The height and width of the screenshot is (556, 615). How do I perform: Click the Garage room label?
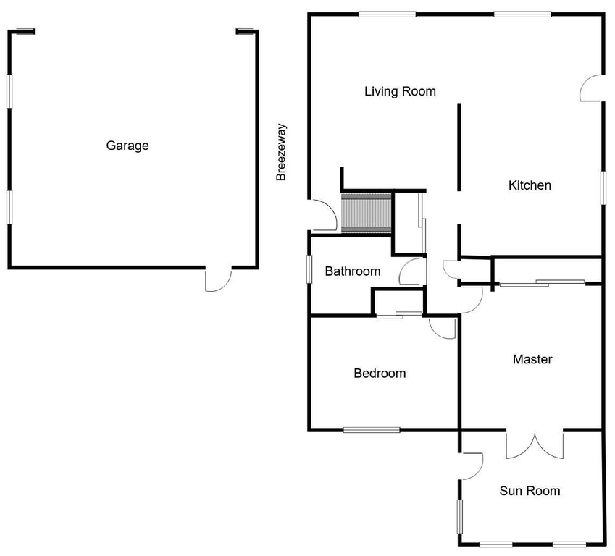(127, 146)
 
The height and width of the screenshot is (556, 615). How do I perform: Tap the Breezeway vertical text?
(282, 152)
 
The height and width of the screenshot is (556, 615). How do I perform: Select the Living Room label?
(400, 91)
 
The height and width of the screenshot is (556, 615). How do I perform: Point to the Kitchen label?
(530, 185)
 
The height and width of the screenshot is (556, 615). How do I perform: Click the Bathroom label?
(352, 271)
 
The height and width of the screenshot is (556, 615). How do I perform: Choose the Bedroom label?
(380, 374)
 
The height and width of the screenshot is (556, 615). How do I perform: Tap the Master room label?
(532, 359)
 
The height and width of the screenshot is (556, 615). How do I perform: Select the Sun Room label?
(530, 491)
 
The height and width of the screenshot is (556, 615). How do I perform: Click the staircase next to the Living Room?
(366, 213)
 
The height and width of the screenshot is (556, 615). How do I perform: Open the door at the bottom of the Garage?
(218, 279)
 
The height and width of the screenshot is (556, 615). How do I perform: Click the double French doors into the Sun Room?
(535, 443)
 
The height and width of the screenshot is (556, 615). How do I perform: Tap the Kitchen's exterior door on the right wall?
(591, 88)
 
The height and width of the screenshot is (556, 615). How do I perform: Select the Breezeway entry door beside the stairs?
(322, 216)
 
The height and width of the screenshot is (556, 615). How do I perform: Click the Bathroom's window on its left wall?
(309, 269)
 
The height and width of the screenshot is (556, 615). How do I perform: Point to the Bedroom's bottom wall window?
(372, 430)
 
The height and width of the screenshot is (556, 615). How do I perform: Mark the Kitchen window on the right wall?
(602, 187)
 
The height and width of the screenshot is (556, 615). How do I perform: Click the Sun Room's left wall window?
(459, 517)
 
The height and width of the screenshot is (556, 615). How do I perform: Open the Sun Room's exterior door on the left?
(472, 465)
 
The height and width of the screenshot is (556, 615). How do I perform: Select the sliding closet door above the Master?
(542, 282)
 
